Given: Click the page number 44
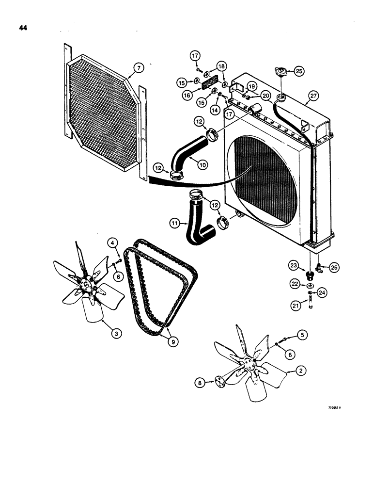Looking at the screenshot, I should coord(23,28).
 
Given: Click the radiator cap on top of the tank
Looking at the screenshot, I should coord(280,71).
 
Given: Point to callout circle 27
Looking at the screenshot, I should coord(313,96).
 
